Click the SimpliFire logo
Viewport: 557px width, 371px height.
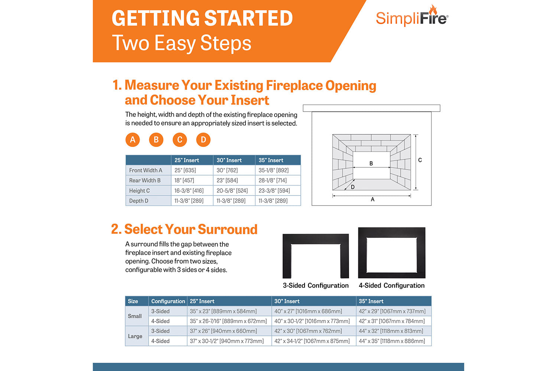[x=412, y=17]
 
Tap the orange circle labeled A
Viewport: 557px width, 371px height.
[x=133, y=140]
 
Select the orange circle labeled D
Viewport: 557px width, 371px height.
[x=203, y=140]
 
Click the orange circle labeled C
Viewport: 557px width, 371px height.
[x=180, y=140]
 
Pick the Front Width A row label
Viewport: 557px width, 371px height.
[x=146, y=170]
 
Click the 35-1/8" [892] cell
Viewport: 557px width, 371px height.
[x=274, y=170]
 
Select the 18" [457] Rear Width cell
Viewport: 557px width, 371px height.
[x=185, y=180]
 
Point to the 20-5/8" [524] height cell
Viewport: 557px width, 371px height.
[x=232, y=191]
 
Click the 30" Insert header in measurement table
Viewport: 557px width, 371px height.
[x=229, y=160]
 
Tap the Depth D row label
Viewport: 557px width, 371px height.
[x=139, y=201]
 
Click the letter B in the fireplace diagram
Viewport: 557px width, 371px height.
[x=371, y=163]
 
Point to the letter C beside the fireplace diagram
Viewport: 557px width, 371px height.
[x=420, y=160]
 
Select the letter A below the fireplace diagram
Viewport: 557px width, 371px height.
[x=372, y=200]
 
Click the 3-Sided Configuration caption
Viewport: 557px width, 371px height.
[x=316, y=285]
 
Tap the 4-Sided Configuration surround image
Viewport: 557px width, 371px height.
[x=392, y=253]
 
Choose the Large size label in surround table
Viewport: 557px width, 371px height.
[x=135, y=336]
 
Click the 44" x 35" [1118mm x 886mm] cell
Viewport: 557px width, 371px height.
[x=392, y=341]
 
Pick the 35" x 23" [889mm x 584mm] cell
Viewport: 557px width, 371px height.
[x=223, y=311]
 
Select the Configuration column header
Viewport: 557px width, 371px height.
[x=168, y=301]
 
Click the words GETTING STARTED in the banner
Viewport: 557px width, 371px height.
[x=202, y=18]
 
